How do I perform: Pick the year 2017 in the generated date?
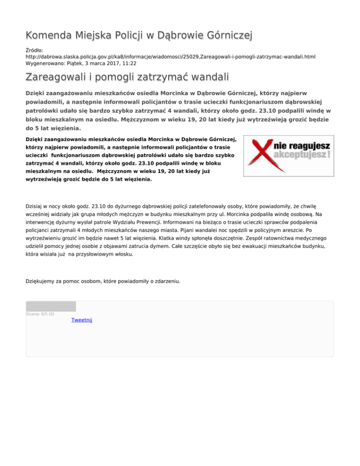115,63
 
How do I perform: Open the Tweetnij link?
82,320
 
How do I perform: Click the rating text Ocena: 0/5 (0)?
40,314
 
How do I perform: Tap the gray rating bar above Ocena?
51,307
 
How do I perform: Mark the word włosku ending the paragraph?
122,256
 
